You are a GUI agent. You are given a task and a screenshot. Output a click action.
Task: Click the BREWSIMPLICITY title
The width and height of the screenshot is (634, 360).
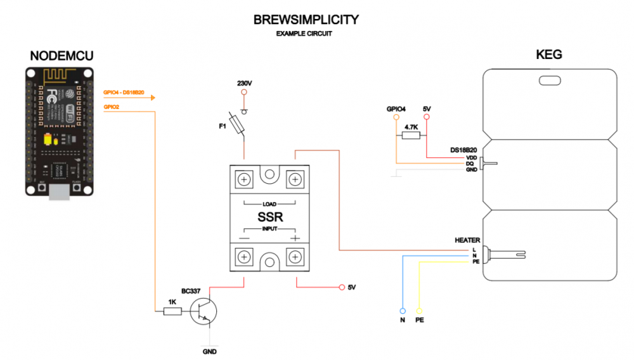pyautogui.click(x=306, y=20)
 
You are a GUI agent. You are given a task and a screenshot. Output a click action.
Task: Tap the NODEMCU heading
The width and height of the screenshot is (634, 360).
pyautogui.click(x=62, y=56)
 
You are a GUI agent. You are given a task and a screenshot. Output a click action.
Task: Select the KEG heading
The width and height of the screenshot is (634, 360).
pyautogui.click(x=548, y=55)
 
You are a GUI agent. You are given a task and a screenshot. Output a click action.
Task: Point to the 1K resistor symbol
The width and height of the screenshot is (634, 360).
pyautogui.click(x=171, y=311)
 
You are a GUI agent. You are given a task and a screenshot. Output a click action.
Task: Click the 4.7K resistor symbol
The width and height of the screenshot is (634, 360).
pyautogui.click(x=411, y=136)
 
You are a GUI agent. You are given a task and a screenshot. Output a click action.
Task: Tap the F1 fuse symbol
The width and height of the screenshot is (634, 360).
pyautogui.click(x=237, y=124)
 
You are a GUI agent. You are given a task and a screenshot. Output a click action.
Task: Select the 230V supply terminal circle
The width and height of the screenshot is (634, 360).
pyautogui.click(x=244, y=93)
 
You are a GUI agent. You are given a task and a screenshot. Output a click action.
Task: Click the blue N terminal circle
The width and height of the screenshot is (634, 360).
pyautogui.click(x=402, y=311)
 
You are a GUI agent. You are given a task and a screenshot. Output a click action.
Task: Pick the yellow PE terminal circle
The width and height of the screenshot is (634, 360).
pyautogui.click(x=419, y=311)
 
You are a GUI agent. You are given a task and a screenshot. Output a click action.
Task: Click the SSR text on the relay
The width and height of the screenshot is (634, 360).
pyautogui.click(x=269, y=217)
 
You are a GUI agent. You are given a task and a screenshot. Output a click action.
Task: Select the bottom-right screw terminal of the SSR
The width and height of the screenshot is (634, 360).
pyautogui.click(x=295, y=257)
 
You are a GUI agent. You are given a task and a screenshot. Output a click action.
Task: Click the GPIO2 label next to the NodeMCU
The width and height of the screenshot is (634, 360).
pyautogui.click(x=112, y=107)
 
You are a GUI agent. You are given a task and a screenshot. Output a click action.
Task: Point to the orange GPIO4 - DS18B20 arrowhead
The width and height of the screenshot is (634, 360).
pyautogui.click(x=152, y=98)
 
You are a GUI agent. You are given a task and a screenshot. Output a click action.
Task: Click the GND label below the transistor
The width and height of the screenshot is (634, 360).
pyautogui.click(x=210, y=351)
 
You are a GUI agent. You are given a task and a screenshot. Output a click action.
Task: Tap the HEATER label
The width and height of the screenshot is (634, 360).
pyautogui.click(x=467, y=240)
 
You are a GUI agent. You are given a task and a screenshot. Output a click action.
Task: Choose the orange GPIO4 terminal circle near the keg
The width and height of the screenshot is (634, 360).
pyautogui.click(x=396, y=117)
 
